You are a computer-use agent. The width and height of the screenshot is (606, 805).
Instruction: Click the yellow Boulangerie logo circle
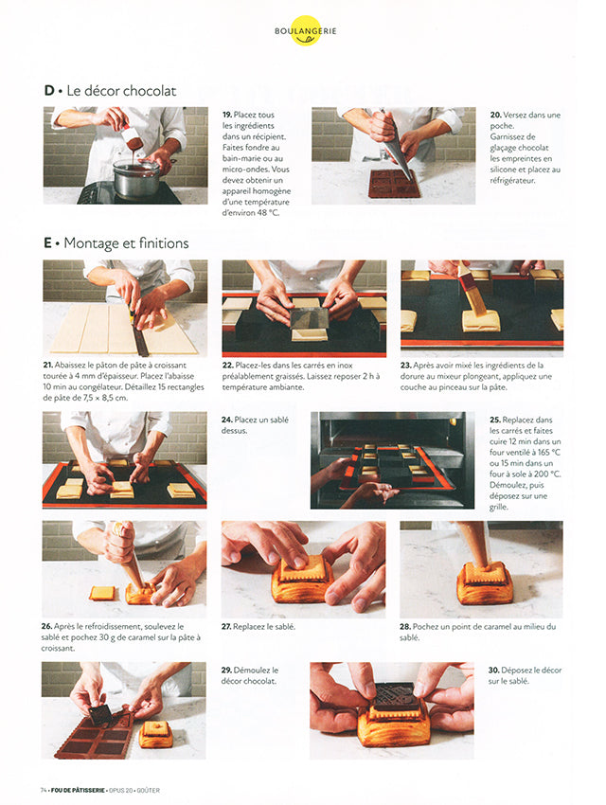coord(305,31)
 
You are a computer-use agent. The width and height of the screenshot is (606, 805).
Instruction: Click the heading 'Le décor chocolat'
coord(121,91)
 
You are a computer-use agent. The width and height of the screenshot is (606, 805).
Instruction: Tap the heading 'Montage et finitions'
coord(126,242)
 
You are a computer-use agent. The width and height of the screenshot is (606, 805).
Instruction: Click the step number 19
coord(227,115)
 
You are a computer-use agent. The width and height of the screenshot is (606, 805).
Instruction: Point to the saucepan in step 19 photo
coord(137,178)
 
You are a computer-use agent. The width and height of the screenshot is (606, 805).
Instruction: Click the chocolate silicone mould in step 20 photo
coord(395,184)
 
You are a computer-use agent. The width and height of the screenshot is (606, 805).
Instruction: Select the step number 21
coord(47,365)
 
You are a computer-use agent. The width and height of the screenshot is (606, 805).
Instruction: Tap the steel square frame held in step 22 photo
coord(309,319)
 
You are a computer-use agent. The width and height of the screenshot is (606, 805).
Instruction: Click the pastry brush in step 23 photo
coord(472,289)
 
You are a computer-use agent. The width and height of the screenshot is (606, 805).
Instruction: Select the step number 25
coord(494,420)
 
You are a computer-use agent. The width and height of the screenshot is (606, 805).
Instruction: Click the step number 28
coord(405,626)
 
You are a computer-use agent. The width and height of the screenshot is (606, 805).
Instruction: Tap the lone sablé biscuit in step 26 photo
coord(102,593)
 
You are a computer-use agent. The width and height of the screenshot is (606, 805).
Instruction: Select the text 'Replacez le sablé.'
coord(264,626)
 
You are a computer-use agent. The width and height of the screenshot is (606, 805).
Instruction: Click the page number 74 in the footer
coord(44,790)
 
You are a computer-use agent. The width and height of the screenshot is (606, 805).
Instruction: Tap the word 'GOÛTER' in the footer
coord(149,790)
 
